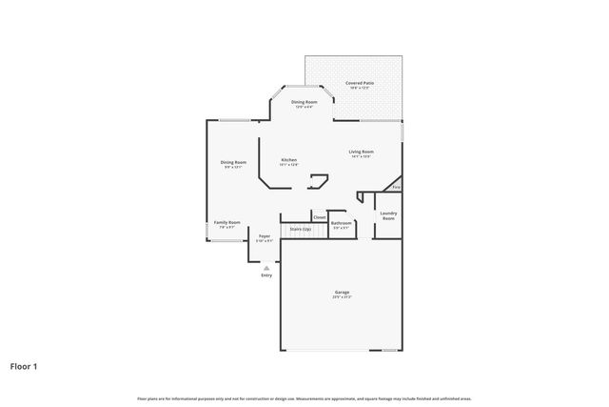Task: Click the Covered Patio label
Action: coord(360,84)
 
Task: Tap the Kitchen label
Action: coord(288,159)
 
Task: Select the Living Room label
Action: coord(361,152)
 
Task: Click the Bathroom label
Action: coord(341,223)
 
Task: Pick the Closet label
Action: coord(319,217)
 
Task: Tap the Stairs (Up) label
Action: coord(301,229)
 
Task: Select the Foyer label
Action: coord(264,235)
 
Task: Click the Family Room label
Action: coord(226,222)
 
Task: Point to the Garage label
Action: coord(342,292)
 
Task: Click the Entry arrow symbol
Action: coord(266,268)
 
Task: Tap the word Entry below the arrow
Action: coord(266,275)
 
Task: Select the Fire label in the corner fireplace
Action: coord(396,187)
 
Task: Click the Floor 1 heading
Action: coord(24,365)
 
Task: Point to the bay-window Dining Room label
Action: coord(304,101)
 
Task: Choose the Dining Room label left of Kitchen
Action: coord(234,162)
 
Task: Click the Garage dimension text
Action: coord(342,297)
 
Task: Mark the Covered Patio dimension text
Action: coord(360,90)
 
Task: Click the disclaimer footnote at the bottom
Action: coord(304,398)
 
